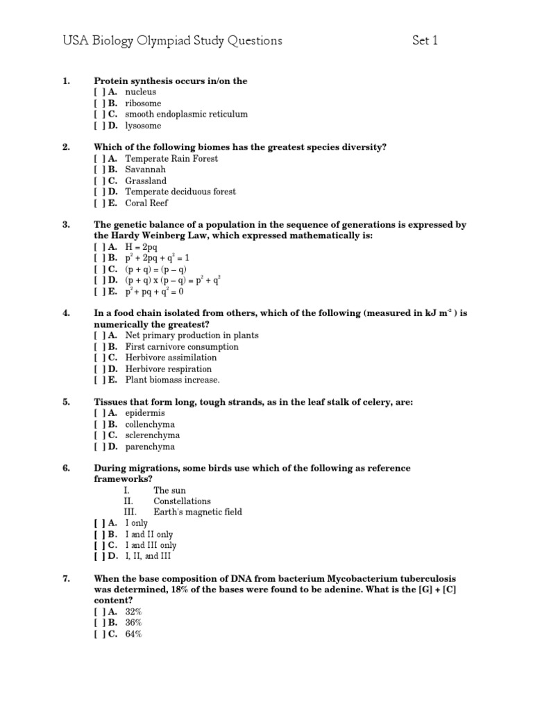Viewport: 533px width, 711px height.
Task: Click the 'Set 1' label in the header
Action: (425, 41)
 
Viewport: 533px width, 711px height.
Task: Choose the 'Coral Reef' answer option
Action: (146, 203)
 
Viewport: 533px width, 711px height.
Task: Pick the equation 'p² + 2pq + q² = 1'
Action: (158, 258)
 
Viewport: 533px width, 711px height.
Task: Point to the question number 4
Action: (66, 313)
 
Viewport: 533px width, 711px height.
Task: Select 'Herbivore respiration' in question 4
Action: (169, 369)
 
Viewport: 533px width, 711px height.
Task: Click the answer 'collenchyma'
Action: (150, 424)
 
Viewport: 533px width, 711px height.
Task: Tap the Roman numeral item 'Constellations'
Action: (182, 501)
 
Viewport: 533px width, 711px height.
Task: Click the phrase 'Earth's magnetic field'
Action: (198, 512)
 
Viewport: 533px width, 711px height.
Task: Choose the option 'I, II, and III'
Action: (148, 555)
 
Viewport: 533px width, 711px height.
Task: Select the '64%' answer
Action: (133, 633)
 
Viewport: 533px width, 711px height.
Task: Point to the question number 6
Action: (66, 468)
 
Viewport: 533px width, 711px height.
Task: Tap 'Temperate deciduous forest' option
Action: (180, 192)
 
